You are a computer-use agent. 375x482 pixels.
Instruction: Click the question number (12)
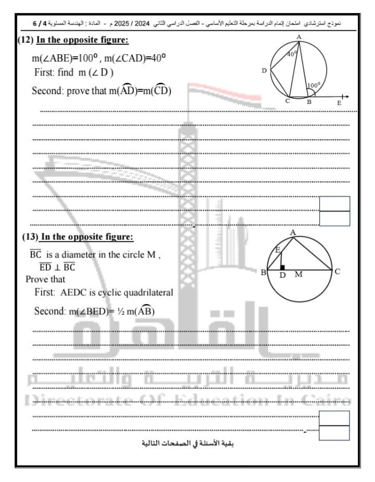pos(25,41)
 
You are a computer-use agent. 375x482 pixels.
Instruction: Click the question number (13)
pos(30,237)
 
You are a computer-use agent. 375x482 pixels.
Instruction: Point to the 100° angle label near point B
pos(314,85)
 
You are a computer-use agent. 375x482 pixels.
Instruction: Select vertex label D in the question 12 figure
pos(264,71)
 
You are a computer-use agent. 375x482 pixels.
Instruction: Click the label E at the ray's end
pos(339,103)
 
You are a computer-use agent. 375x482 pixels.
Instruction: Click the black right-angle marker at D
pos(282,267)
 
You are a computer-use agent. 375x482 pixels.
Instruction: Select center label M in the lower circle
pos(298,275)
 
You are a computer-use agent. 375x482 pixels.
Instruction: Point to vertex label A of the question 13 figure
pos(293,232)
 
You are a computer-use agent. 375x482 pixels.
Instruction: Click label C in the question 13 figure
pos(337,271)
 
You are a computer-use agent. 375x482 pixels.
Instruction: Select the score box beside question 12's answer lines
pos(334,211)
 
